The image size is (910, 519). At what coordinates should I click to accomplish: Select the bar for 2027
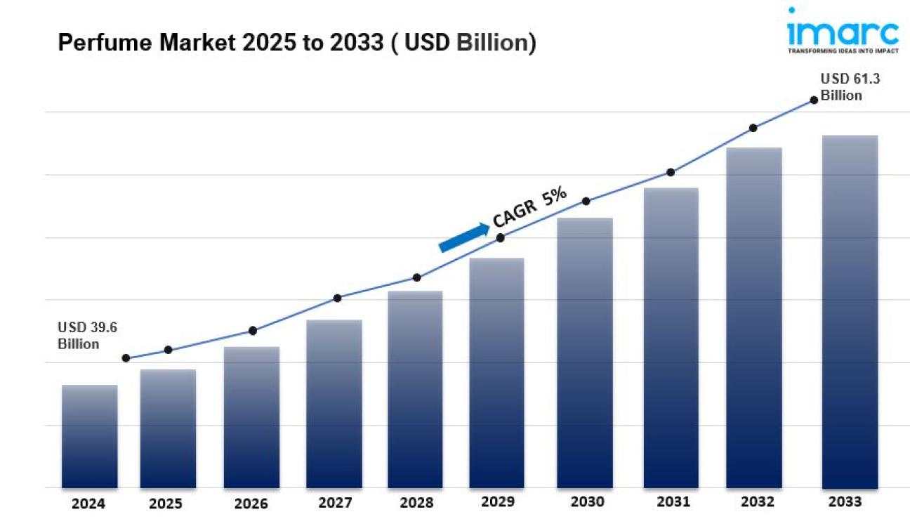pyautogui.click(x=334, y=404)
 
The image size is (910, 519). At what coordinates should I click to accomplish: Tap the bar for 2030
pyautogui.click(x=585, y=353)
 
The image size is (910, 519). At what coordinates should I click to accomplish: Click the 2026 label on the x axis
pyautogui.click(x=251, y=504)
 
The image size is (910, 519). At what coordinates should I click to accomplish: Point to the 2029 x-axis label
pyautogui.click(x=497, y=502)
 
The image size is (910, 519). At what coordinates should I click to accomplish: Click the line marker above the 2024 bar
pyautogui.click(x=126, y=358)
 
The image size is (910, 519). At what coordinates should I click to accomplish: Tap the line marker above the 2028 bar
pyautogui.click(x=416, y=277)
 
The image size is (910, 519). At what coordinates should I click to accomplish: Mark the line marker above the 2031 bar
pyautogui.click(x=671, y=172)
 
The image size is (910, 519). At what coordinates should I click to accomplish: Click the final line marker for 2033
pyautogui.click(x=814, y=100)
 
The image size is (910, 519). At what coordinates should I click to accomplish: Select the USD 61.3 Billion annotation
pyautogui.click(x=850, y=88)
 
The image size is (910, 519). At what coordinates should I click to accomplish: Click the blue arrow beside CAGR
pyautogui.click(x=464, y=237)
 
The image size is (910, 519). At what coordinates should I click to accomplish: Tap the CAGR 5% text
pyautogui.click(x=529, y=207)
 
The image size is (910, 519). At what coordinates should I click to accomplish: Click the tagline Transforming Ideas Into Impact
pyautogui.click(x=843, y=51)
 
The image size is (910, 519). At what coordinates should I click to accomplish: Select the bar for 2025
pyautogui.click(x=168, y=428)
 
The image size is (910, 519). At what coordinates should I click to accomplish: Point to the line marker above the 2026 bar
pyautogui.click(x=253, y=331)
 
